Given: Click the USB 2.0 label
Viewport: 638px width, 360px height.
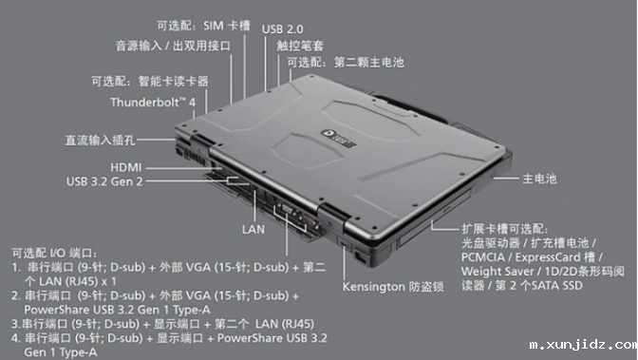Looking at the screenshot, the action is [282, 29].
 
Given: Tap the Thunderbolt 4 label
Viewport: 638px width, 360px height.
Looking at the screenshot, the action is [153, 103].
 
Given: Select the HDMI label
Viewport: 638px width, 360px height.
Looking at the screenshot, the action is [126, 167].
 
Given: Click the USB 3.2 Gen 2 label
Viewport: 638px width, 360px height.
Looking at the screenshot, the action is [104, 181].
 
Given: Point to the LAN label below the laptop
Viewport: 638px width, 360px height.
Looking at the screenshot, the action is [253, 230].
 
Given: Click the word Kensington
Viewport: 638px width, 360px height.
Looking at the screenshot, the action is [374, 287].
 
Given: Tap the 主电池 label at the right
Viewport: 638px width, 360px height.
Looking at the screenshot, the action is [539, 179].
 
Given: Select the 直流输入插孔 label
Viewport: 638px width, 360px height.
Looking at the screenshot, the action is [100, 141].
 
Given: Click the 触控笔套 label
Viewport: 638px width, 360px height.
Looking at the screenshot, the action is [300, 46].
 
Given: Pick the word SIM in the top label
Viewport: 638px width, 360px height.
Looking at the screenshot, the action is [214, 26].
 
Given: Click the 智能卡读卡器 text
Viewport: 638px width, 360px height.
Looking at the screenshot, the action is [174, 82].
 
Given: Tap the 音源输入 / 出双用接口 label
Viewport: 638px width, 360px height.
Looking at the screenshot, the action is [174, 46].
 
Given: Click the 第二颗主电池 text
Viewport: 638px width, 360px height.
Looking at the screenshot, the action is [369, 63].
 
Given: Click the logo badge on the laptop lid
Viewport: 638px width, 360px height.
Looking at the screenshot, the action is [339, 138].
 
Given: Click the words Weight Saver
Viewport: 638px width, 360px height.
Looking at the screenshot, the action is [497, 272].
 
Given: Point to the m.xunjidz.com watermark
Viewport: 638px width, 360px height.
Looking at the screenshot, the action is [583, 345].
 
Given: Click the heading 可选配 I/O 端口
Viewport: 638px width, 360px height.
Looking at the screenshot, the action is [54, 254].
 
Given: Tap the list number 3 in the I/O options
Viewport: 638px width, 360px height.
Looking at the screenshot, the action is [14, 324].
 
